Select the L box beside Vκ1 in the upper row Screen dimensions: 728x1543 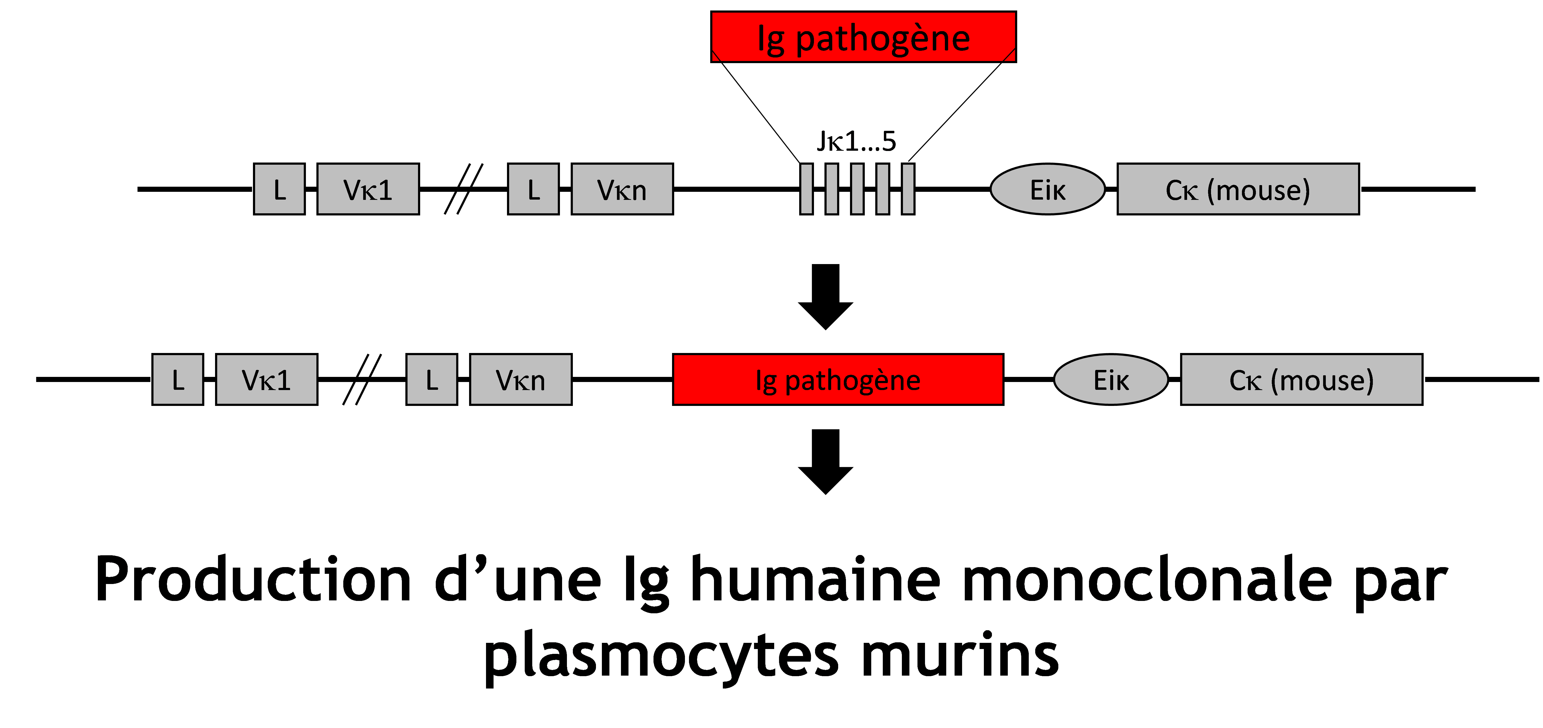[279, 189]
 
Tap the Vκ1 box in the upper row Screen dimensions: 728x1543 [368, 189]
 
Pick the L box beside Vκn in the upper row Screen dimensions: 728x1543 [533, 189]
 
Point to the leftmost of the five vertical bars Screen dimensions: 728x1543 [806, 189]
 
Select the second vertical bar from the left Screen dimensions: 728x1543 [831, 189]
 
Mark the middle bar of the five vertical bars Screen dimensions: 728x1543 [857, 189]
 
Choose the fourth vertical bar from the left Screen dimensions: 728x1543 [882, 189]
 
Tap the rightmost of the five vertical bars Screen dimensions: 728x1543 [908, 189]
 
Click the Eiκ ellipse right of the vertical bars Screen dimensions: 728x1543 [1048, 189]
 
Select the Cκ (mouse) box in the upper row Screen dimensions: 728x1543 [1238, 189]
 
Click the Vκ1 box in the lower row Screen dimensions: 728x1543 [267, 380]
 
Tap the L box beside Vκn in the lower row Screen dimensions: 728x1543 [431, 380]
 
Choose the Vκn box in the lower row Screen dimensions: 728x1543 [520, 380]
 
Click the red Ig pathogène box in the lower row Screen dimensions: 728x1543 [838, 380]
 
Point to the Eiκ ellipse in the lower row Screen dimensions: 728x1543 [1111, 380]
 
